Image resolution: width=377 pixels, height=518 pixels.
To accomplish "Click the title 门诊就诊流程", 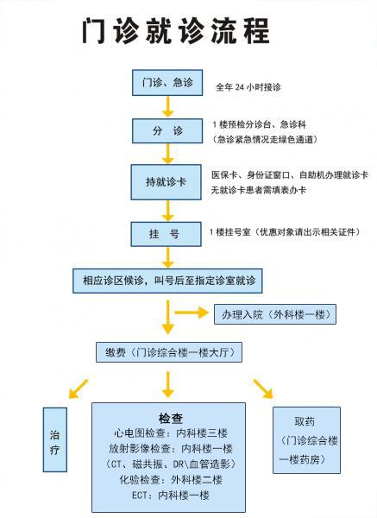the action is point(176,31).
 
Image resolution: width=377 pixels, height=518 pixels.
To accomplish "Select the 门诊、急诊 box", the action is point(167,83).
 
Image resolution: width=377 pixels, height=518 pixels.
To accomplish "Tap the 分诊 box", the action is point(167,131).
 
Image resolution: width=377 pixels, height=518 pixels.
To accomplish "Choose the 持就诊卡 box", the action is point(166,182).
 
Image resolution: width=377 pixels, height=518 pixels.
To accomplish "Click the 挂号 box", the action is point(166,234).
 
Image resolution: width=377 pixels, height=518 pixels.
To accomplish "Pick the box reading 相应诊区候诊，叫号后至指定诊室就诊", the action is point(167,281).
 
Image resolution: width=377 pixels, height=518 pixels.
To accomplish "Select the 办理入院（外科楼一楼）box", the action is point(275,314).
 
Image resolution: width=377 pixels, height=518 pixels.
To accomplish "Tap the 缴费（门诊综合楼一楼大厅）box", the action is point(169,352).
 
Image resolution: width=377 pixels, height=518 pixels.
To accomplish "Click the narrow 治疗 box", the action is point(55,439).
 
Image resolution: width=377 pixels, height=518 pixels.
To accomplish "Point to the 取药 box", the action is point(306,440).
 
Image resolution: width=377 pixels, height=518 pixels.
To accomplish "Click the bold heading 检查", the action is point(171,419).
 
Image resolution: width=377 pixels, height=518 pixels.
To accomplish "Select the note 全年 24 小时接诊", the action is point(248,87).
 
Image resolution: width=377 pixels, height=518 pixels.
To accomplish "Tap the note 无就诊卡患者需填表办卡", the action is point(259,190).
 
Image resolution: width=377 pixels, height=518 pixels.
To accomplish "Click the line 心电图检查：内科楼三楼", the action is point(171,433).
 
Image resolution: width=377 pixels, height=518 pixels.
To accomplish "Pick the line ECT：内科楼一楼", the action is point(171,496).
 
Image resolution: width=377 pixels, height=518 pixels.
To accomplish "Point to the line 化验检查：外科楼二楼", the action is point(171,480).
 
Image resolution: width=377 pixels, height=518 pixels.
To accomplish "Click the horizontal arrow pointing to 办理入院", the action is point(192,313).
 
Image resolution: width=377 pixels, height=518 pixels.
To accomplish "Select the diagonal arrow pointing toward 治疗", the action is point(79,389).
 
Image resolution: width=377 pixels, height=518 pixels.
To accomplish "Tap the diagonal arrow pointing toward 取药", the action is point(263,388).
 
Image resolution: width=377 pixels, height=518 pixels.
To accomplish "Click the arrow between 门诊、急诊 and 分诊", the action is point(167,107).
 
